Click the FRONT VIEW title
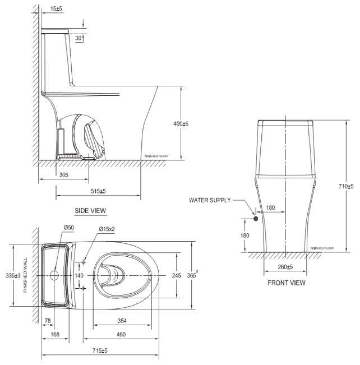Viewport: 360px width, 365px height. [x=287, y=283]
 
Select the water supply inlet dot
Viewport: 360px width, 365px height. [x=256, y=219]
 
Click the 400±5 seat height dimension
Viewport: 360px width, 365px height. [x=180, y=124]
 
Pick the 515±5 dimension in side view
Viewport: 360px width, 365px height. [x=98, y=191]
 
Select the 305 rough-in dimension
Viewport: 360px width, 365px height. [x=64, y=175]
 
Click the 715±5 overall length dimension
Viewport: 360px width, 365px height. [x=100, y=350]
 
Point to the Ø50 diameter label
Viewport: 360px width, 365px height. [x=68, y=228]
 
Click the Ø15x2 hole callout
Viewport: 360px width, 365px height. [x=107, y=229]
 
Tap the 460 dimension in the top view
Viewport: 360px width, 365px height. [x=121, y=335]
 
